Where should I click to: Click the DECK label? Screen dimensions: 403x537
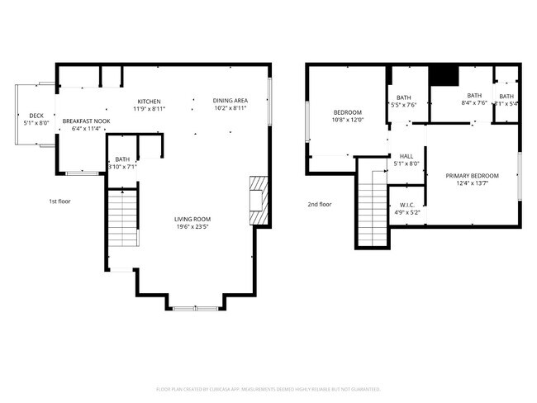tap(36, 116)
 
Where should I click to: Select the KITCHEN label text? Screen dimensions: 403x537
tap(149, 101)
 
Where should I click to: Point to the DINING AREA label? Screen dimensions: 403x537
tap(230, 101)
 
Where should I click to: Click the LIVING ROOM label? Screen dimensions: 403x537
tap(191, 219)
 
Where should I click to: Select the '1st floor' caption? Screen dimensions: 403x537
tap(59, 201)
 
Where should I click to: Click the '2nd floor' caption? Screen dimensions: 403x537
tap(319, 204)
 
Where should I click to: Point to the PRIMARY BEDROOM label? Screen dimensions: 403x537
tap(472, 176)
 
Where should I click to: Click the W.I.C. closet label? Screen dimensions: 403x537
tap(406, 205)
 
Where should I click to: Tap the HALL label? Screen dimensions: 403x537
tap(406, 156)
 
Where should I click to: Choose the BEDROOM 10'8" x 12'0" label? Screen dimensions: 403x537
tap(348, 112)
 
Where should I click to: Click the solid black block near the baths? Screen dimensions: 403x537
tap(446, 75)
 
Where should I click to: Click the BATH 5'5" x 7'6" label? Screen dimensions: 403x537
tap(404, 98)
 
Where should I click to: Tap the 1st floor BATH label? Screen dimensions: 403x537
tap(122, 159)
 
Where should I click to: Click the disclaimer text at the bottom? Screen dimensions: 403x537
tap(268, 389)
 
